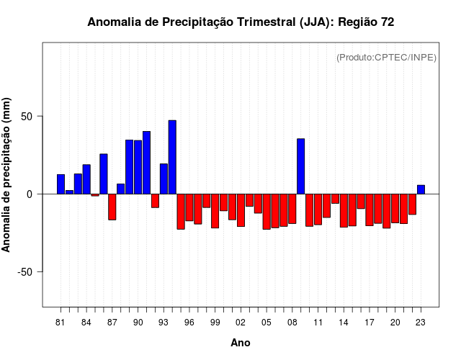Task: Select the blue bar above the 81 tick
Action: click(61, 184)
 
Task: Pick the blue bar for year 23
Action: click(421, 189)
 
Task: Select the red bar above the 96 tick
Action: click(189, 207)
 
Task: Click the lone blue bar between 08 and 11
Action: click(300, 166)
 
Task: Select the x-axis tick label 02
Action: click(241, 323)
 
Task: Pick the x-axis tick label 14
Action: click(344, 323)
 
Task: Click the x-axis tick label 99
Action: click(215, 323)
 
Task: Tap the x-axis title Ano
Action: click(241, 343)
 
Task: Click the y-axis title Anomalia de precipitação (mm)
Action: click(7, 174)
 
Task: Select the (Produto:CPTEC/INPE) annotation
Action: click(386, 58)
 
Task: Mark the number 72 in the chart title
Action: click(387, 22)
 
